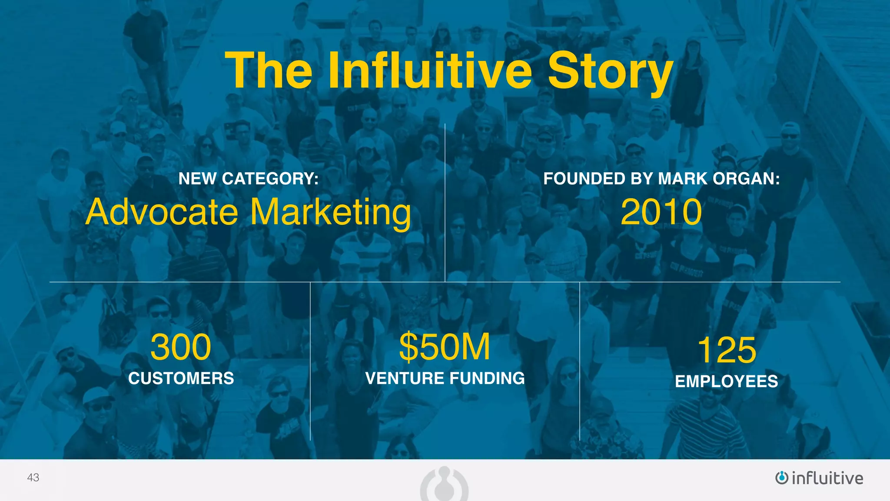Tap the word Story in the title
coord(610,71)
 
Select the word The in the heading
coord(269,70)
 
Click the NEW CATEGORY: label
coord(249,179)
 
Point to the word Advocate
coord(162,212)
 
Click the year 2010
coord(661,212)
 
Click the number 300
coord(181,347)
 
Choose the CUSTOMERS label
coord(181,378)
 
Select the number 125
coord(727,350)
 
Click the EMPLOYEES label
coord(727,381)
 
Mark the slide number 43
coord(33,478)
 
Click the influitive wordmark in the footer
coord(827,478)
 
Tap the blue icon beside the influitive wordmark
coord(781,478)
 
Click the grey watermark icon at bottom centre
coord(444,484)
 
